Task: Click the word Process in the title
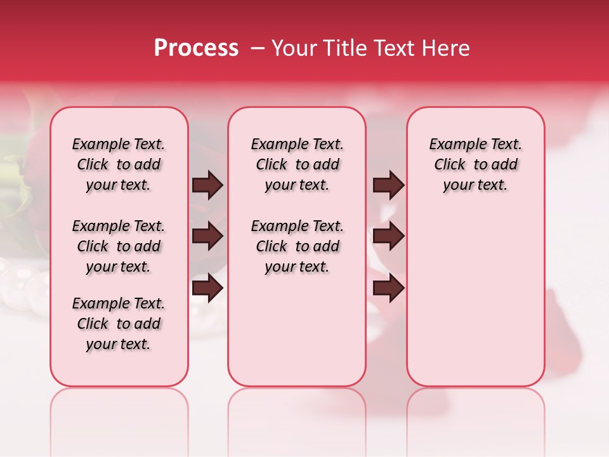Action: coord(196,48)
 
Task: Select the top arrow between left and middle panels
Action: coord(207,185)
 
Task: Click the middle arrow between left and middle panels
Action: coord(207,237)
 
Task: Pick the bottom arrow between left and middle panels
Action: coord(207,288)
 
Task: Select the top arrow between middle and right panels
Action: coord(388,185)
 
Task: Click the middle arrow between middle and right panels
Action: coord(388,237)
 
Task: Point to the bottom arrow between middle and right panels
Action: coord(388,288)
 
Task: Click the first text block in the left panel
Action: coord(119,164)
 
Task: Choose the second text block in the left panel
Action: coord(119,246)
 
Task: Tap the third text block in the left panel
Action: coord(119,324)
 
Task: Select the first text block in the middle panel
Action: coord(297,164)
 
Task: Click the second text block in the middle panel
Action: coord(297,246)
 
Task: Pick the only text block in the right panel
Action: coord(475,164)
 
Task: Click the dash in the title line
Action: coord(258,48)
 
